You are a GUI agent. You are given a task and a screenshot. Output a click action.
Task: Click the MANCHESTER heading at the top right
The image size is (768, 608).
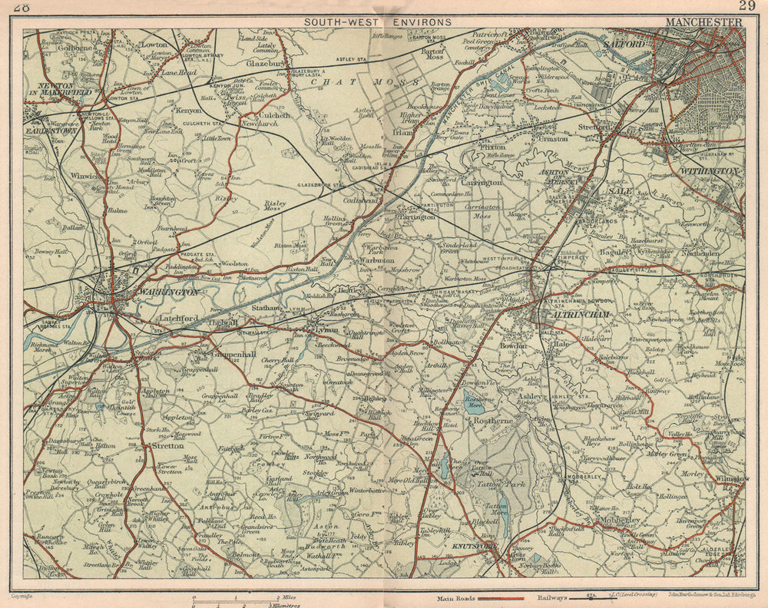pyautogui.click(x=703, y=22)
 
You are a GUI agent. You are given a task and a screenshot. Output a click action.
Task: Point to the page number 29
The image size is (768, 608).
pyautogui.click(x=746, y=6)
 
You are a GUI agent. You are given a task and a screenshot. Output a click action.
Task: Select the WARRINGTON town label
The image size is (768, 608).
pyautogui.click(x=167, y=292)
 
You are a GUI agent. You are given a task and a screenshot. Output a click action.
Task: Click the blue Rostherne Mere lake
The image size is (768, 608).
pyautogui.click(x=473, y=400)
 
